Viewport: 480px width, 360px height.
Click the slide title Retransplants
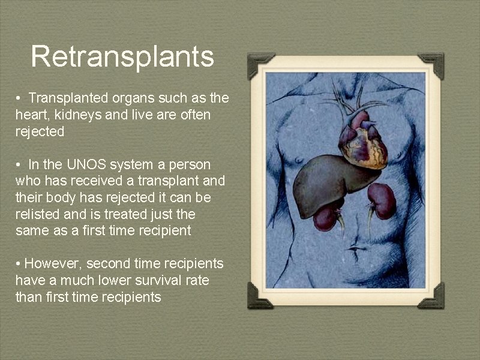[122, 56]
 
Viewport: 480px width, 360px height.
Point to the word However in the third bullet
[52, 263]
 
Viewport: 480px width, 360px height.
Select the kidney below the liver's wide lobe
[328, 217]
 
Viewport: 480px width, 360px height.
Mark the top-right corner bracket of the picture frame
[432, 64]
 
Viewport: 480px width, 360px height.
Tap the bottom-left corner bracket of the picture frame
[259, 296]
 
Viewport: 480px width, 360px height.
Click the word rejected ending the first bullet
[40, 132]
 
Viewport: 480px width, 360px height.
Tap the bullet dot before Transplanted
[19, 98]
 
